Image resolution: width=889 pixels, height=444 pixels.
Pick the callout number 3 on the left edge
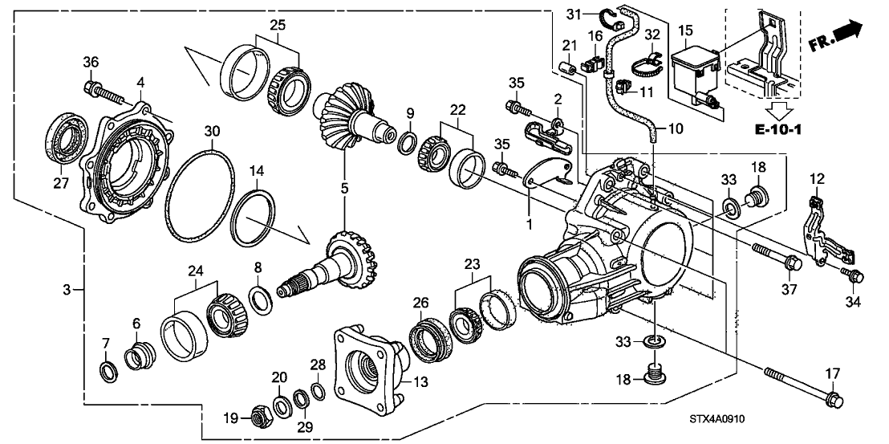(69, 288)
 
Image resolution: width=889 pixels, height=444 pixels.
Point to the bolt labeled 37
(773, 257)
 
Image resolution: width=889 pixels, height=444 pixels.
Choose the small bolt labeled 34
(854, 275)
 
